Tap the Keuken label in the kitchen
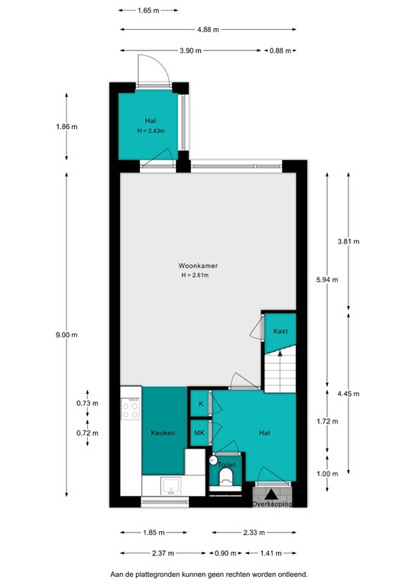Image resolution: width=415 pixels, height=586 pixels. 163,433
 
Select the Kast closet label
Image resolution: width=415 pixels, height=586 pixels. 280,331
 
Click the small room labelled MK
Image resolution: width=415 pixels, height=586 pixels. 199,433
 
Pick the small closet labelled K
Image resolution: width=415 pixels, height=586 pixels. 200,403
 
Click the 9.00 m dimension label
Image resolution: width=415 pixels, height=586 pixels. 66,334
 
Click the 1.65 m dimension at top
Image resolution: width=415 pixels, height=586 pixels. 149,11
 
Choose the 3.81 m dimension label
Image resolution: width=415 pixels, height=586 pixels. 349,241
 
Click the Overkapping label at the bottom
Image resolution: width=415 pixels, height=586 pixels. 273,504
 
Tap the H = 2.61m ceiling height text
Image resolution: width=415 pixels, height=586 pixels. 194,275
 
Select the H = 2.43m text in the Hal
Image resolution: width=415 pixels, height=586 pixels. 151,130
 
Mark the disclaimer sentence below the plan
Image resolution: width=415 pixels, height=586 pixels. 206,573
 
